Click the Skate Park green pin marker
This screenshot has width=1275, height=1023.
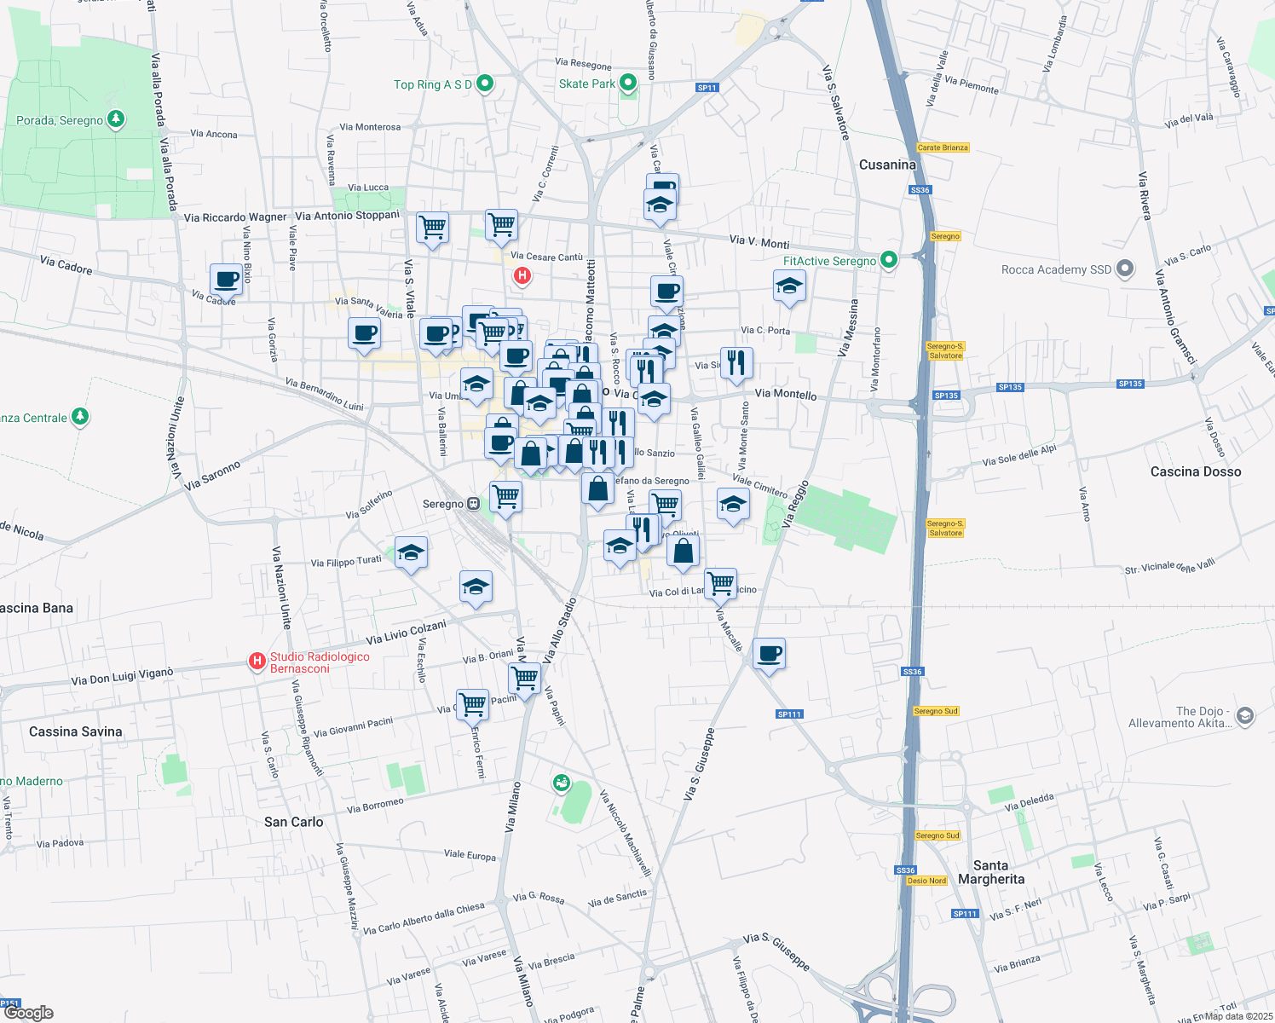click(628, 83)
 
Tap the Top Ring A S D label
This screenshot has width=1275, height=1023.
click(432, 84)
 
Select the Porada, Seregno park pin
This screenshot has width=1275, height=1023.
click(117, 119)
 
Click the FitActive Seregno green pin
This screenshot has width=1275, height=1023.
click(889, 260)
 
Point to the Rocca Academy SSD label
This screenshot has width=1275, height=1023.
click(1056, 269)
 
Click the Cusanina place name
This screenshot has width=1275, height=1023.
click(887, 165)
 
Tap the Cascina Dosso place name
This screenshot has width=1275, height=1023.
click(1195, 471)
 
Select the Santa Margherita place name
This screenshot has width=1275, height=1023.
click(990, 872)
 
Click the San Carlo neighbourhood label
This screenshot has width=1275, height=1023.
click(293, 822)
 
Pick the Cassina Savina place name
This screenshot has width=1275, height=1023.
click(75, 731)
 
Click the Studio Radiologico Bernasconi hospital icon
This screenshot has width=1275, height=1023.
click(257, 662)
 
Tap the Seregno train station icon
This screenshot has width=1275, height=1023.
click(473, 504)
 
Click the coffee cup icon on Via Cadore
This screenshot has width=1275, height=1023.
click(227, 280)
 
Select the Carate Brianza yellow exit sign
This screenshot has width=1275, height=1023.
click(943, 147)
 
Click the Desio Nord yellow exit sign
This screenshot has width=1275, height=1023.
click(926, 881)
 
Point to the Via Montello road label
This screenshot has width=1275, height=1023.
click(785, 394)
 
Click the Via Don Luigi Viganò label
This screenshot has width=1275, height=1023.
click(122, 677)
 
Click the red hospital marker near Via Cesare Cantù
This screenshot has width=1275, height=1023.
click(522, 275)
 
